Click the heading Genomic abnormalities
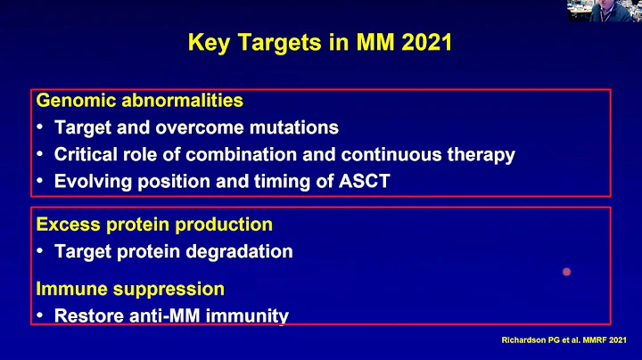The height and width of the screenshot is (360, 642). [x=139, y=101]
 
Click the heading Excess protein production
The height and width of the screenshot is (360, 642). [x=154, y=225]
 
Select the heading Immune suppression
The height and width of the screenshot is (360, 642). [x=130, y=289]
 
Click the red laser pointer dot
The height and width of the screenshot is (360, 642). [x=565, y=272]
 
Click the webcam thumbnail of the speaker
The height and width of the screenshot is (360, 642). [x=614, y=10]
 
